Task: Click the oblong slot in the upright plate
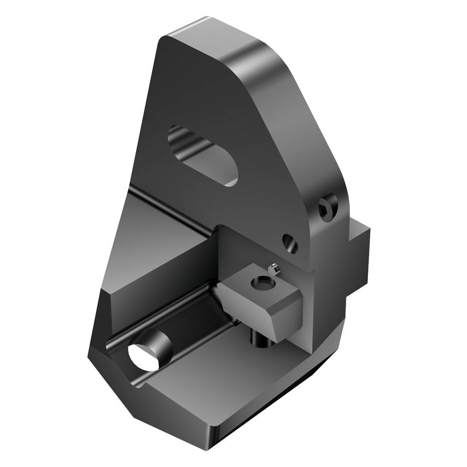point(203,154)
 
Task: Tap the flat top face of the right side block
point(355,223)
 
